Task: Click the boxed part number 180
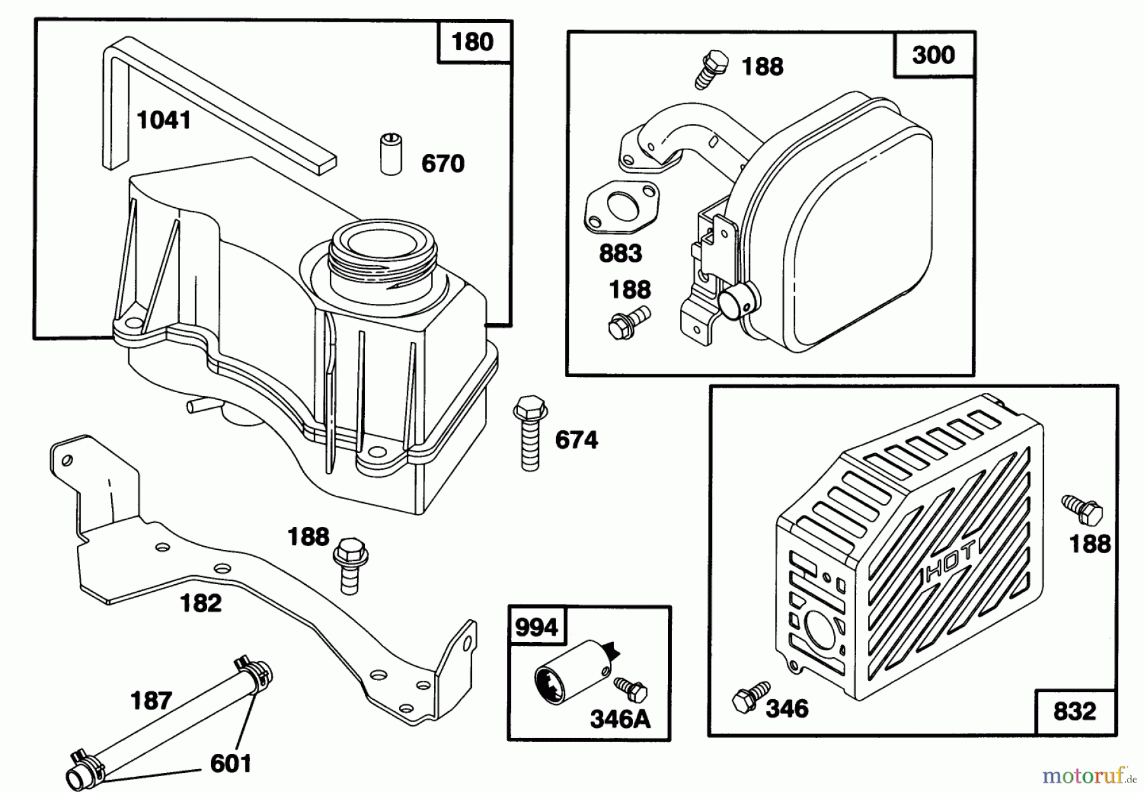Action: pyautogui.click(x=472, y=42)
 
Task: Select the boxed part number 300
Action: pyautogui.click(x=933, y=55)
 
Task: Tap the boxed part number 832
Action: pyautogui.click(x=1075, y=711)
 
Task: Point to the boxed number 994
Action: pyautogui.click(x=536, y=628)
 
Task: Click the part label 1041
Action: pyautogui.click(x=164, y=119)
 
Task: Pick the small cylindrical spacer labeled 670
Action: pyautogui.click(x=391, y=153)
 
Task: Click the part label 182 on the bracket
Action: pyautogui.click(x=201, y=603)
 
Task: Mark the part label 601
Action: pyautogui.click(x=231, y=763)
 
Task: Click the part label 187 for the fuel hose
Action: pyautogui.click(x=151, y=700)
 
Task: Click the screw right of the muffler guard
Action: pyautogui.click(x=1082, y=510)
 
